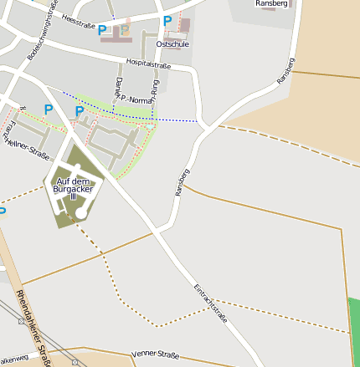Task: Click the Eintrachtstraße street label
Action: pos(211,300)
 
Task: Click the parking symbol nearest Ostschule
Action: pos(167,21)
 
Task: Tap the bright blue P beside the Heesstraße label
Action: pos(102,30)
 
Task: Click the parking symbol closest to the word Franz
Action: pos(48,110)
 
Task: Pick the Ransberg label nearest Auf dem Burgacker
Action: pos(183,182)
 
